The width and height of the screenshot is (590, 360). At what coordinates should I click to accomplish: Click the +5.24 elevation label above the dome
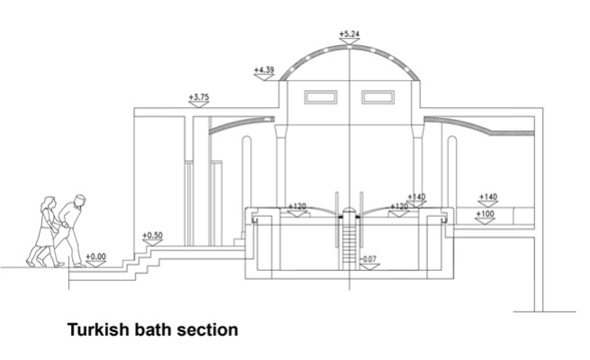tap(349, 33)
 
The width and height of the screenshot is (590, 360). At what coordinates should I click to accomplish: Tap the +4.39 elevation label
tap(264, 69)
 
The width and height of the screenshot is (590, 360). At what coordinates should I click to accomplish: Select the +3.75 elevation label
tap(199, 96)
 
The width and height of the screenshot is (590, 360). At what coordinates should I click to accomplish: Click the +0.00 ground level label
tap(95, 256)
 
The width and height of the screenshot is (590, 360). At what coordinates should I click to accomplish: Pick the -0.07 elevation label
tap(369, 259)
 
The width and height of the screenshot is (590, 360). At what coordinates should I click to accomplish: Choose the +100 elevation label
tap(486, 213)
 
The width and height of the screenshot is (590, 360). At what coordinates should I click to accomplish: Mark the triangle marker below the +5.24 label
tap(349, 41)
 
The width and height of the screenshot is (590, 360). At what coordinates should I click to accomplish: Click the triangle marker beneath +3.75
tap(199, 104)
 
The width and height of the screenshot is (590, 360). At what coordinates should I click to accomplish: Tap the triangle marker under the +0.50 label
tap(152, 243)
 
